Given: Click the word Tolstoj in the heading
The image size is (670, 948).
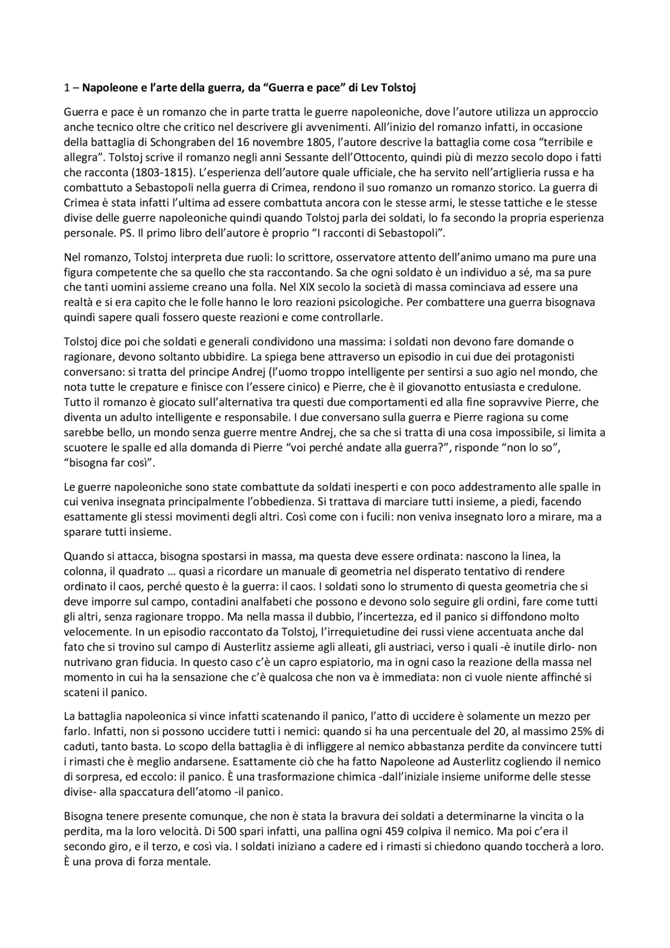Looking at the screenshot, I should pos(398,88).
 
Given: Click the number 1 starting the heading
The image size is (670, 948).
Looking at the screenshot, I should pos(66,88).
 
